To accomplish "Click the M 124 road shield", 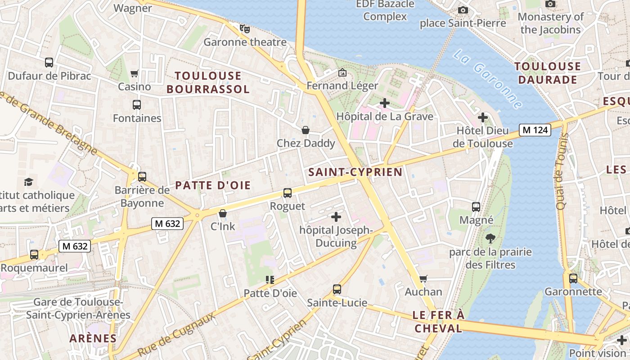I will (535, 130).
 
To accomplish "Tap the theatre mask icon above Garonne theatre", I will (245, 29).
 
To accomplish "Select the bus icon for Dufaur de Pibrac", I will (49, 63).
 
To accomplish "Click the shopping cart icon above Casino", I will (134, 73).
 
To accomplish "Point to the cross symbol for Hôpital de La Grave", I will (385, 103).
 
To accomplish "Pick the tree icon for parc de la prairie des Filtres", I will (490, 238).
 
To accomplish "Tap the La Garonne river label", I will (488, 79).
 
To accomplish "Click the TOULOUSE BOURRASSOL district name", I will (208, 82).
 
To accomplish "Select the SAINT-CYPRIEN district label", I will (355, 172).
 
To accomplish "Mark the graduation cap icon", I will (29, 182).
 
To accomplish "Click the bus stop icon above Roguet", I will (288, 193).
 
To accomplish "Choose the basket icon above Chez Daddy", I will (306, 130).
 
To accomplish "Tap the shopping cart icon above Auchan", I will (423, 279).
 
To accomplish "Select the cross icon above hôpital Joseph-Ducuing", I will (336, 217).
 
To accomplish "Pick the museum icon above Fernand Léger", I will (342, 72).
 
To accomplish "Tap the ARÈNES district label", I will (93, 338).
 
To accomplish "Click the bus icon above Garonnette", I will (573, 278).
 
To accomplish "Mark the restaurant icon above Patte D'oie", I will (270, 280).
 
